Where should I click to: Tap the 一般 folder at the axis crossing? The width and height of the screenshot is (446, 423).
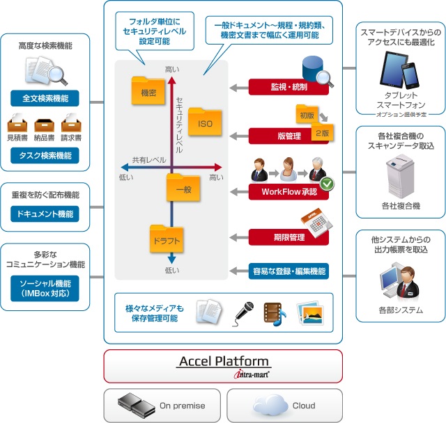tap(183, 186)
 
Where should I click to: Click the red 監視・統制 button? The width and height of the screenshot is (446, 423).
tap(288, 88)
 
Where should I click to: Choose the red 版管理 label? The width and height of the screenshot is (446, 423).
tap(288, 136)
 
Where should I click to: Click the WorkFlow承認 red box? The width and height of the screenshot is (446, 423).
tap(288, 191)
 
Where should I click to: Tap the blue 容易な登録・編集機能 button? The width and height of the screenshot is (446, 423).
tap(288, 271)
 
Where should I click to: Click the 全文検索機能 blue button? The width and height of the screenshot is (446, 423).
tap(45, 97)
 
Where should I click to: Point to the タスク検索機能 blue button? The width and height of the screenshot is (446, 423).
tap(45, 156)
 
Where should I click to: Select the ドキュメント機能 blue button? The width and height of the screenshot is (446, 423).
tap(45, 214)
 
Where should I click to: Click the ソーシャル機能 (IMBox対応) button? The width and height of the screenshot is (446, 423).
tap(45, 289)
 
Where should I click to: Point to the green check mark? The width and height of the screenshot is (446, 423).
tap(326, 185)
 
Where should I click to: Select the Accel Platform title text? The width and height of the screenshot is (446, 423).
tap(223, 361)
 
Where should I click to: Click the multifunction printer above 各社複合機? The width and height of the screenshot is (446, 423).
tap(400, 175)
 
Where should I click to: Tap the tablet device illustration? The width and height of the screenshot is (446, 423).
tap(393, 69)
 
